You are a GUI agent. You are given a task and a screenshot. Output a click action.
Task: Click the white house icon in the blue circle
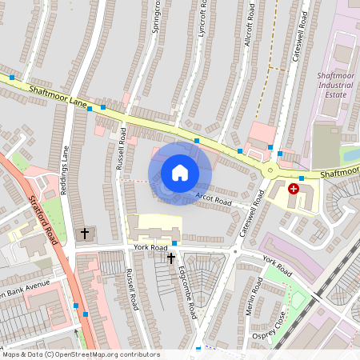[x=180, y=172]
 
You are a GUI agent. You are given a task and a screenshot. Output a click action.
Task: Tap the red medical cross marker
[x=294, y=189]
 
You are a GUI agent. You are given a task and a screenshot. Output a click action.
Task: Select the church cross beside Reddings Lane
[x=85, y=234]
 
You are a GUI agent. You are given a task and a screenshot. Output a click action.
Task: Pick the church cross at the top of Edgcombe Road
[x=170, y=258]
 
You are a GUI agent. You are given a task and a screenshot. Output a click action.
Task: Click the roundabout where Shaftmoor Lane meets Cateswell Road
[x=270, y=170]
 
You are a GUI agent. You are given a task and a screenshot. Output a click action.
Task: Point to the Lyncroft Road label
[x=203, y=19]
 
